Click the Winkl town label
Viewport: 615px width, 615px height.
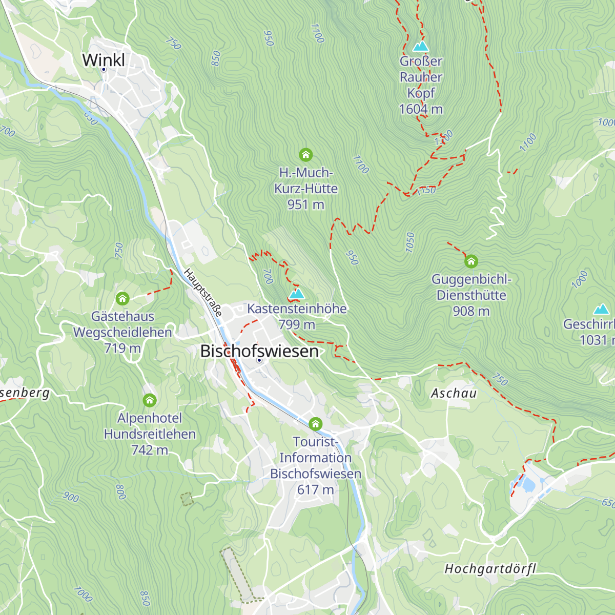tap(104, 59)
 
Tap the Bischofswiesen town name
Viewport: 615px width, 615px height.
tap(259, 351)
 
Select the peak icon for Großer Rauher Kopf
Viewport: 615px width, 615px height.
tap(421, 47)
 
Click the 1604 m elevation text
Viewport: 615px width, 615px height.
tap(421, 109)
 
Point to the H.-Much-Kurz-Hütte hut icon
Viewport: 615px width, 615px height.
tap(305, 154)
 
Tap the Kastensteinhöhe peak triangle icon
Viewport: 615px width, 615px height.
tap(297, 294)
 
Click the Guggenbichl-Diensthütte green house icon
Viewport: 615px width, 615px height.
tap(471, 262)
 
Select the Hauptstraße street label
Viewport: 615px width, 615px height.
tap(203, 293)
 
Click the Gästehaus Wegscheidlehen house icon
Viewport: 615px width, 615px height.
tap(122, 298)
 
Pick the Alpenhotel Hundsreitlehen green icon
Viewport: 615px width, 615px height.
tap(150, 400)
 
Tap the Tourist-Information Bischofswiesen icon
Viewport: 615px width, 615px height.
tap(315, 424)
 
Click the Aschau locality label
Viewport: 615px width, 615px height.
tap(454, 393)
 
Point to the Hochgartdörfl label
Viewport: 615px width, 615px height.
tap(490, 568)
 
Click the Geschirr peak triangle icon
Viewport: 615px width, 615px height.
tap(601, 309)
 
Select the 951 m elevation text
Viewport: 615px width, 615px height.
tap(305, 204)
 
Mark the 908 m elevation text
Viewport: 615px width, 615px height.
tap(471, 311)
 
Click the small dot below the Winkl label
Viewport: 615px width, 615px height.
tap(104, 69)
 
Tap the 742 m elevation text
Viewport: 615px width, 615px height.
tap(150, 450)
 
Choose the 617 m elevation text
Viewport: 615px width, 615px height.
tap(315, 489)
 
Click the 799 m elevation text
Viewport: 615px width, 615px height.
tap(297, 324)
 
